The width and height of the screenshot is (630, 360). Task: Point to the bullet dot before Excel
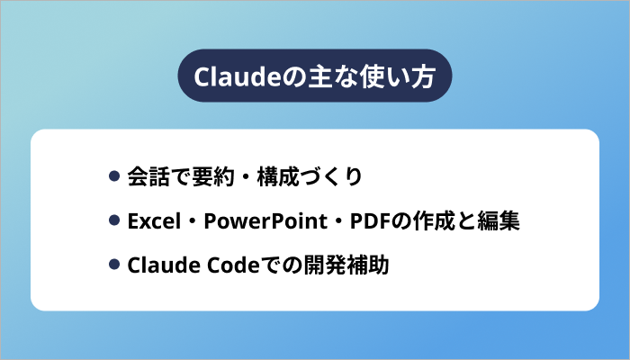point(114,220)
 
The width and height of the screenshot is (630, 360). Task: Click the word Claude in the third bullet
point(157,265)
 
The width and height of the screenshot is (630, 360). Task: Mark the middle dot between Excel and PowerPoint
point(193,220)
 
